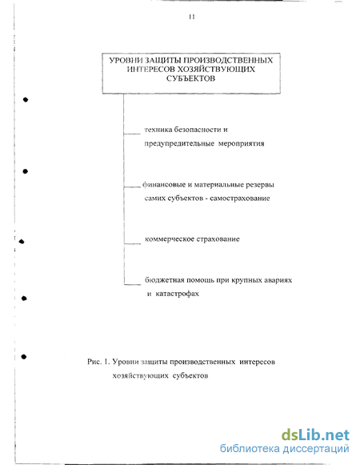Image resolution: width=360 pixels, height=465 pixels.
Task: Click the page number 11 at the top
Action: [x=191, y=17]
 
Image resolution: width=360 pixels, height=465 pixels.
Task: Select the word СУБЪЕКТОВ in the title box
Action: [x=190, y=78]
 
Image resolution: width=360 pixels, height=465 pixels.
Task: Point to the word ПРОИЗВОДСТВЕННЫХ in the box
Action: [x=228, y=61]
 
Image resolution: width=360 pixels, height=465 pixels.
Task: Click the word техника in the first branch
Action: [x=158, y=130]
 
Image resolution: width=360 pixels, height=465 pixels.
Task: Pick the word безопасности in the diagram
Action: [x=197, y=130]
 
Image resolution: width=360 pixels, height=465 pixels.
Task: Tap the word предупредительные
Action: [x=179, y=144]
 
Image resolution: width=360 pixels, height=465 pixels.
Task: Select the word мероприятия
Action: [x=241, y=144]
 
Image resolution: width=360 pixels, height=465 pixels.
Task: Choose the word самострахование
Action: [x=240, y=198]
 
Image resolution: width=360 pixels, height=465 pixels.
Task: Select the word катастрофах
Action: [x=177, y=294]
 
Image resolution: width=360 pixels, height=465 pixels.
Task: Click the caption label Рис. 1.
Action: [x=98, y=362]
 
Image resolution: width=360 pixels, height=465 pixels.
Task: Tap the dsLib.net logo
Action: [x=315, y=435]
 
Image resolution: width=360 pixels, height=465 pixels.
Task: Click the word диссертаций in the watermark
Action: [x=315, y=449]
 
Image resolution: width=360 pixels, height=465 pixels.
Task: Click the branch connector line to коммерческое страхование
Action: [x=133, y=244]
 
